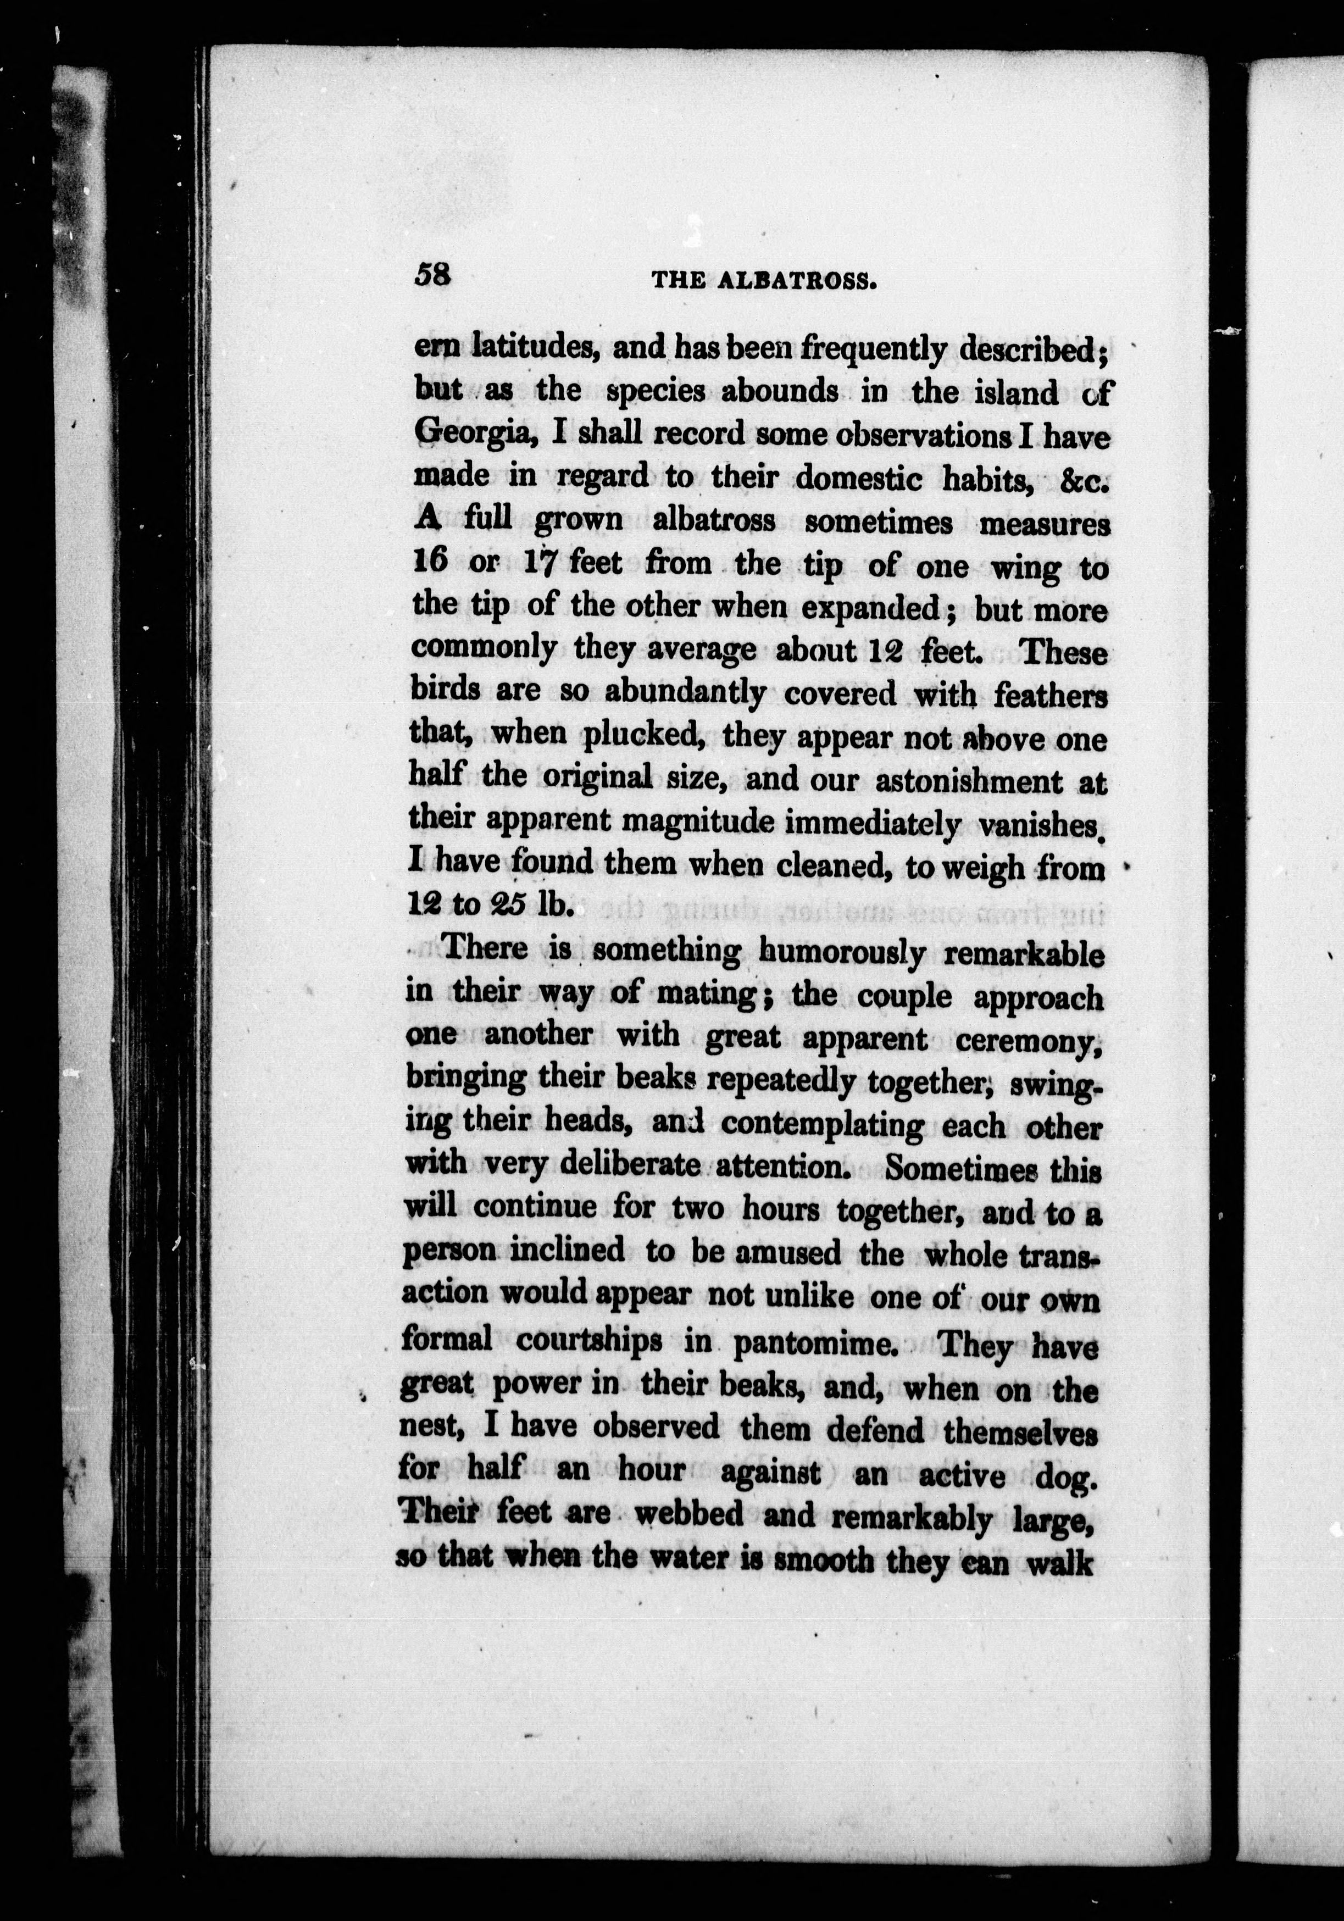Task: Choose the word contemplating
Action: [822, 1126]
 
